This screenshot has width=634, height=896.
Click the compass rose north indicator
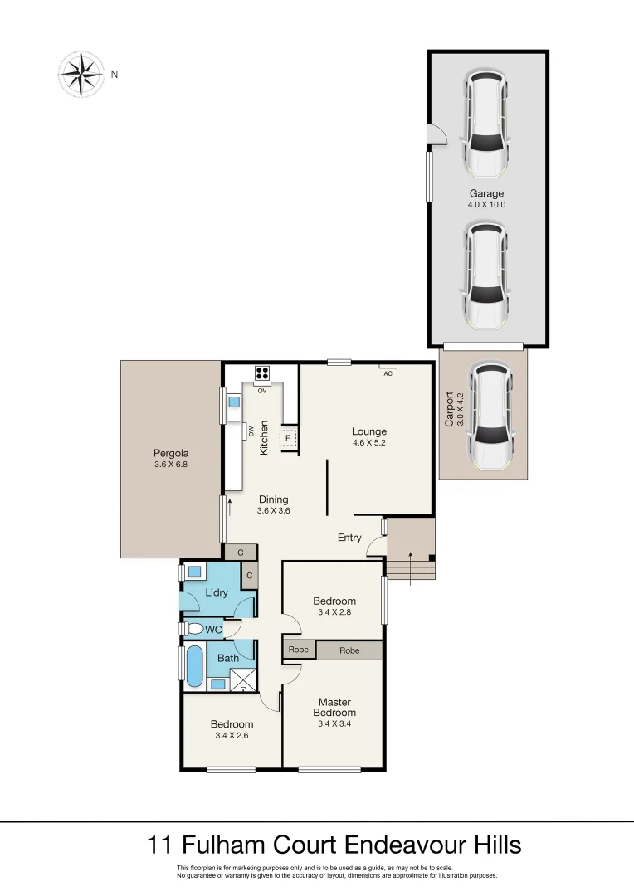(80, 74)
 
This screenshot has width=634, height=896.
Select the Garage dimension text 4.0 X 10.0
(486, 204)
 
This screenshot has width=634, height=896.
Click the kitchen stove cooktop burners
(263, 373)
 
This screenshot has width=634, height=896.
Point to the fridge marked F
(288, 437)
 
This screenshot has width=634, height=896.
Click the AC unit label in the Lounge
(388, 373)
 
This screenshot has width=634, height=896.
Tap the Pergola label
(171, 453)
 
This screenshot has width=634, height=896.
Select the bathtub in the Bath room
(194, 666)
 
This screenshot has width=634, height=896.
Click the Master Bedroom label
(335, 708)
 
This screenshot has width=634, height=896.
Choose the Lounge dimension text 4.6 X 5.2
(369, 443)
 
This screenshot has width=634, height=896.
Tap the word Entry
(349, 538)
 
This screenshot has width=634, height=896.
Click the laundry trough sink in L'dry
(195, 572)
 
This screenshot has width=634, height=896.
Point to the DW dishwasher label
(250, 431)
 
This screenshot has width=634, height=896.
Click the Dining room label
(273, 499)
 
